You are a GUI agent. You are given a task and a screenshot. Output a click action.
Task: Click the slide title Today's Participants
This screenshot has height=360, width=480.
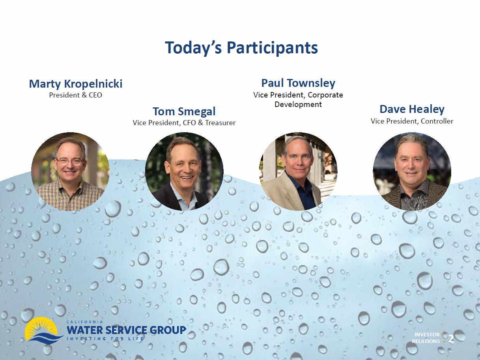click(x=241, y=48)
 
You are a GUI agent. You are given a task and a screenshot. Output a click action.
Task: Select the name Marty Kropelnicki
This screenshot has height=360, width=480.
click(x=76, y=84)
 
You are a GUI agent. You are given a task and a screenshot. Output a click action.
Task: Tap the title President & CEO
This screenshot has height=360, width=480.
click(x=75, y=95)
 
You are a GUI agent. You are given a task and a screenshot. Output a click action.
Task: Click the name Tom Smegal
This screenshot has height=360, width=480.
click(x=184, y=112)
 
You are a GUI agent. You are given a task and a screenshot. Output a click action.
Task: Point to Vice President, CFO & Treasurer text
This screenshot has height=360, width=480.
click(x=184, y=123)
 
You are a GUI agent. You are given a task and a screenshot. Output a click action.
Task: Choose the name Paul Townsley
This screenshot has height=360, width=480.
click(x=298, y=83)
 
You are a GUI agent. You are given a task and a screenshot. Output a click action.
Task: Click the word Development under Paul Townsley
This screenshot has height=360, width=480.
click(x=298, y=104)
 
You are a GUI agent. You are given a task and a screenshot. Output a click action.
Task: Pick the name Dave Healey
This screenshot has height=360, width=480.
click(x=412, y=109)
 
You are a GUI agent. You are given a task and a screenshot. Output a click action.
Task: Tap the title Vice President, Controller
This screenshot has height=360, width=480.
click(x=412, y=121)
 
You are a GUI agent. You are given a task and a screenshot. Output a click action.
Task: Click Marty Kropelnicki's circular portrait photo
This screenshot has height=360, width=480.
click(x=70, y=171)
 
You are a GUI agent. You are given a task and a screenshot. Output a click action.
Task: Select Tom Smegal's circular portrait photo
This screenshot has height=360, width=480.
click(x=184, y=171)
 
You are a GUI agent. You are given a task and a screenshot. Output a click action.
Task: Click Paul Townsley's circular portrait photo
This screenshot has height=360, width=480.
click(x=298, y=171)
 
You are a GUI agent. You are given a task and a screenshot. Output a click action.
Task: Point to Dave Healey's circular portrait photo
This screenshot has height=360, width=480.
click(x=412, y=171)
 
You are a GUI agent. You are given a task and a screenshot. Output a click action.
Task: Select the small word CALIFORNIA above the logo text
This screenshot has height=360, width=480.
click(x=85, y=322)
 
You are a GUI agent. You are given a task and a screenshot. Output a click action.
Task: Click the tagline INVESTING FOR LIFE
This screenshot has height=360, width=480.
click(x=105, y=339)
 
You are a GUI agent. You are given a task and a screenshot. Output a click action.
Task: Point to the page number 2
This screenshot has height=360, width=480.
click(x=451, y=339)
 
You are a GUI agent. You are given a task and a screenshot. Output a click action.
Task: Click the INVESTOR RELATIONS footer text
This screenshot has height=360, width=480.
click(x=426, y=338)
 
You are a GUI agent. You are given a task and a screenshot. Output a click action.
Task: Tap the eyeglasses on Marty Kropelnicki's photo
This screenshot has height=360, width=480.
click(x=70, y=162)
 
